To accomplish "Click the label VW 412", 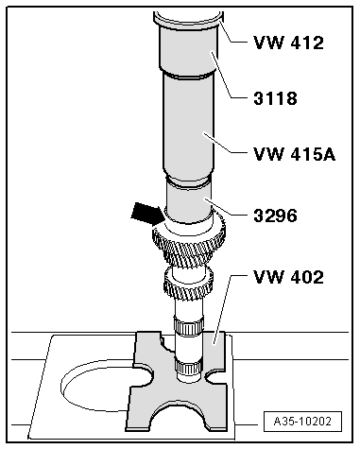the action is pos(288,43).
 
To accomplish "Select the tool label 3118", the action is pos(275,98).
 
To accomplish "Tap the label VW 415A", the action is pos(295,154).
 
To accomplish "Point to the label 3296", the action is pos(275,216).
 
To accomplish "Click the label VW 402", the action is pos(288,277).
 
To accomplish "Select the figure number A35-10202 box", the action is pos(302,422).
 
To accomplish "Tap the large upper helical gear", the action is pos(189,244).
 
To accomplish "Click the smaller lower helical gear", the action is pos(188,283).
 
